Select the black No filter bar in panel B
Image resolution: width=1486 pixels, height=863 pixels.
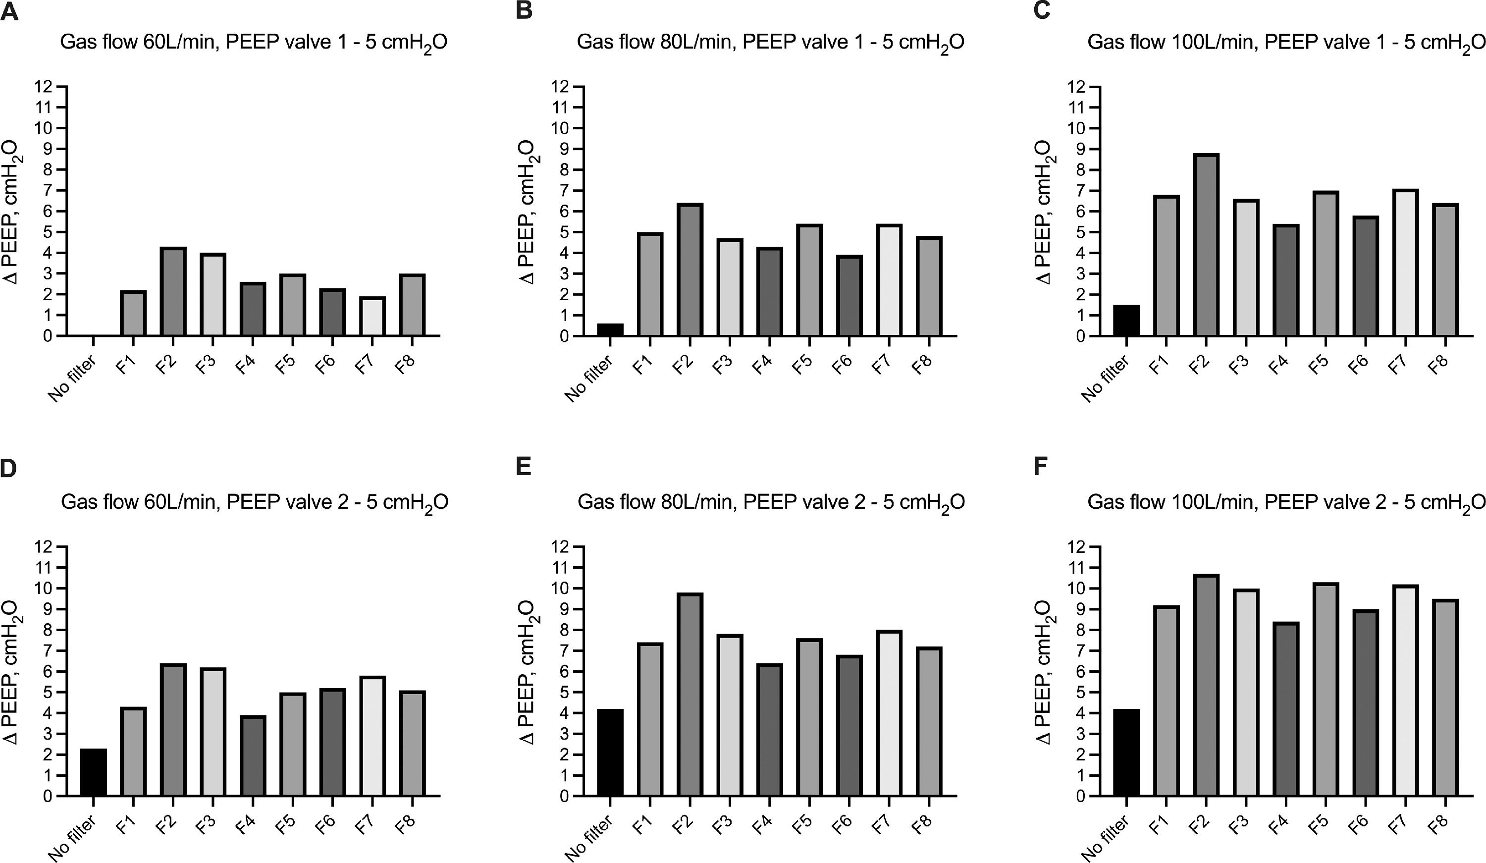[x=610, y=330]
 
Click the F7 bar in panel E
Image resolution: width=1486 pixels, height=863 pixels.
[x=889, y=714]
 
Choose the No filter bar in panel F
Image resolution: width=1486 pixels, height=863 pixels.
[x=1126, y=752]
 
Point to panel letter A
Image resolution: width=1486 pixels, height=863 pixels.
[x=10, y=12]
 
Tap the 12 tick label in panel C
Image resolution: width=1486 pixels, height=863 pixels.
[x=1077, y=87]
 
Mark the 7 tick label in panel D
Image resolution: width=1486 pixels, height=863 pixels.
[x=46, y=650]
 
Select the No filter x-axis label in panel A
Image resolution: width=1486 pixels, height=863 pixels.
[x=72, y=378]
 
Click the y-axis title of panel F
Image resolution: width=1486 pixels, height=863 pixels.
[x=1044, y=672]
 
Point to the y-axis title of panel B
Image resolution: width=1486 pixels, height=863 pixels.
[x=527, y=212]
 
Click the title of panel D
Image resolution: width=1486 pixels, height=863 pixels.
[x=254, y=502]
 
